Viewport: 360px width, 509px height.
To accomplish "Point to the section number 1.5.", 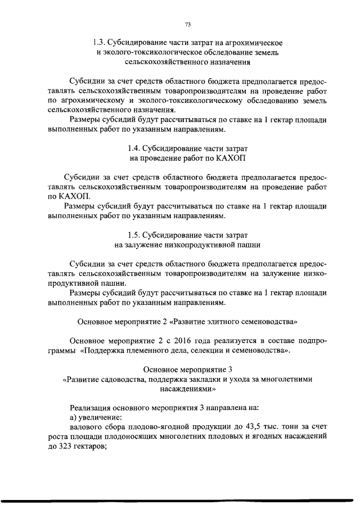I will (134, 234).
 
